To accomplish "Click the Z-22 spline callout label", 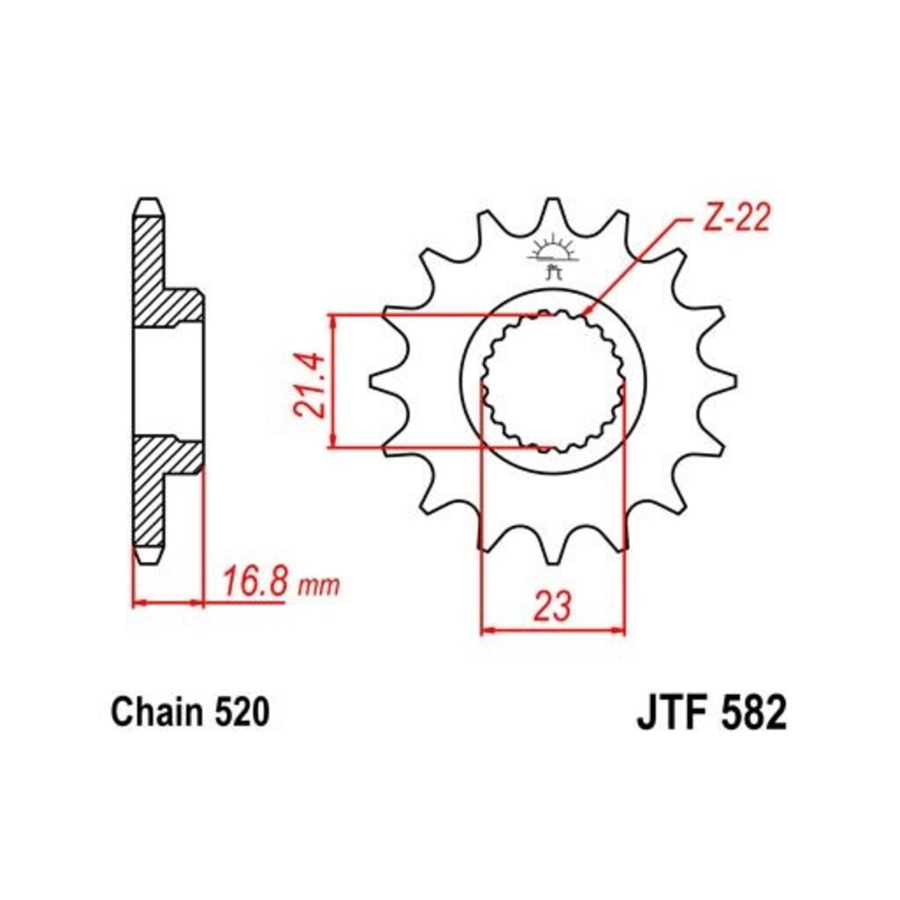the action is pyautogui.click(x=737, y=218).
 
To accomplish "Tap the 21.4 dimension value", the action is pyautogui.click(x=310, y=385).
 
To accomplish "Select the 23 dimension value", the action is pyautogui.click(x=553, y=606).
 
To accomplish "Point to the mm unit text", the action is pyautogui.click(x=318, y=586).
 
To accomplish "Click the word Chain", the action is pyautogui.click(x=156, y=712).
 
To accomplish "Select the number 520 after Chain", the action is pyautogui.click(x=242, y=712).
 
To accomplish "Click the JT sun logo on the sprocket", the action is pyautogui.click(x=552, y=256).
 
